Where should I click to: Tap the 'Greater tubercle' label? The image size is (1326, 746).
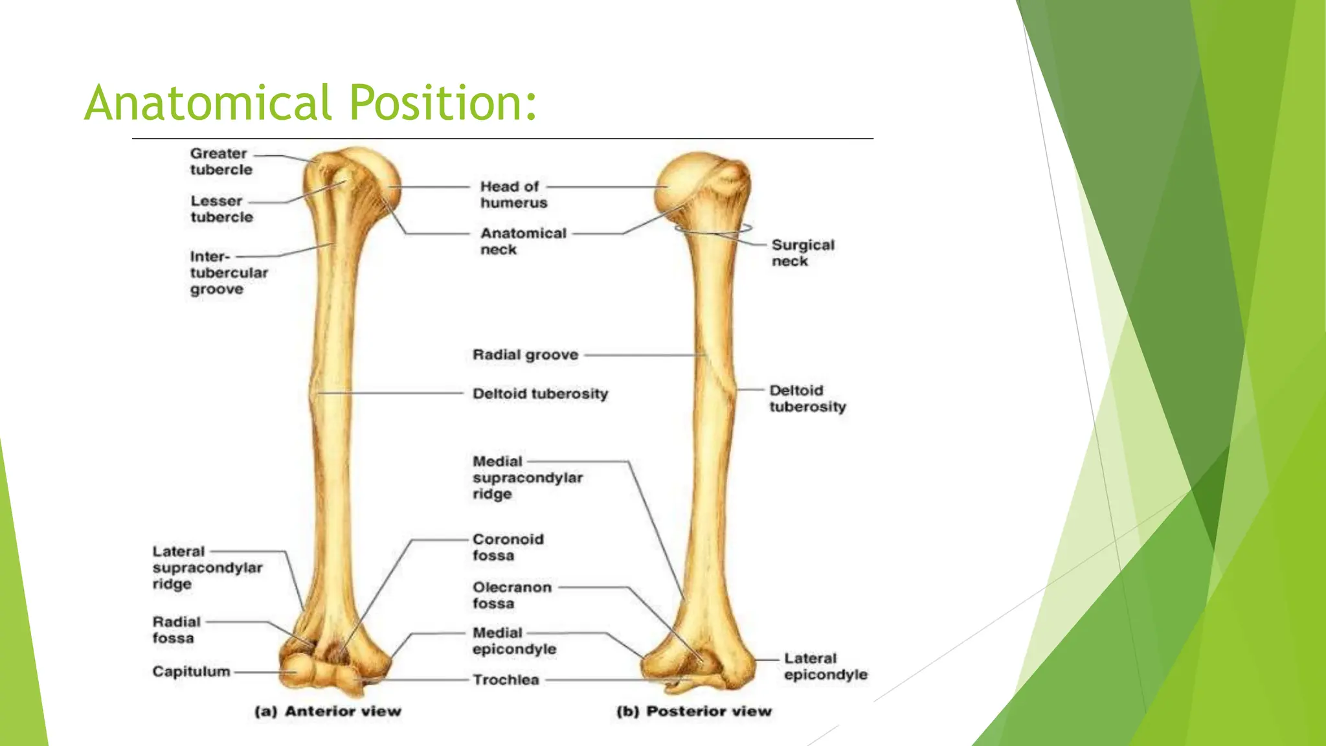pyautogui.click(x=221, y=161)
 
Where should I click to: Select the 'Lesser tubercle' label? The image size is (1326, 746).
pyautogui.click(x=221, y=209)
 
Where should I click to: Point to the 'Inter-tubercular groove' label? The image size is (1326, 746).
pyautogui.click(x=228, y=273)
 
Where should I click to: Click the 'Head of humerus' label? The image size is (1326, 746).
pyautogui.click(x=513, y=194)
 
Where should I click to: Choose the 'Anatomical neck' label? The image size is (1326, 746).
pyautogui.click(x=523, y=241)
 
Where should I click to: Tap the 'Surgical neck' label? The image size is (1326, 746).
pyautogui.click(x=802, y=253)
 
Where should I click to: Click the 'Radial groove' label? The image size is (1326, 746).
pyautogui.click(x=525, y=355)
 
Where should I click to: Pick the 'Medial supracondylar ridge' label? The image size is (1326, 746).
pyautogui.click(x=527, y=477)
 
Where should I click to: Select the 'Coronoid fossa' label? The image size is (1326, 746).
pyautogui.click(x=508, y=547)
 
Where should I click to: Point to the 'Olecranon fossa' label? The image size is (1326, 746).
pyautogui.click(x=511, y=595)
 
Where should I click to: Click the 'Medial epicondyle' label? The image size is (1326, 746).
pyautogui.click(x=513, y=640)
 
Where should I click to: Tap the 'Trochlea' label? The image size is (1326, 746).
pyautogui.click(x=506, y=680)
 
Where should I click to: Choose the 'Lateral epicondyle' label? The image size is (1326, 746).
pyautogui.click(x=825, y=666)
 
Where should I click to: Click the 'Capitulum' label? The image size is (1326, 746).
pyautogui.click(x=191, y=672)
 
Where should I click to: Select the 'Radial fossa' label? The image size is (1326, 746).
pyautogui.click(x=176, y=629)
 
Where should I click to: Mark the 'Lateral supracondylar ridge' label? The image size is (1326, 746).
pyautogui.click(x=207, y=567)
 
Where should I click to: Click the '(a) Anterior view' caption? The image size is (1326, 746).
pyautogui.click(x=328, y=711)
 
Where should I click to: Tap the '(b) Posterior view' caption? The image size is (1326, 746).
pyautogui.click(x=693, y=711)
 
